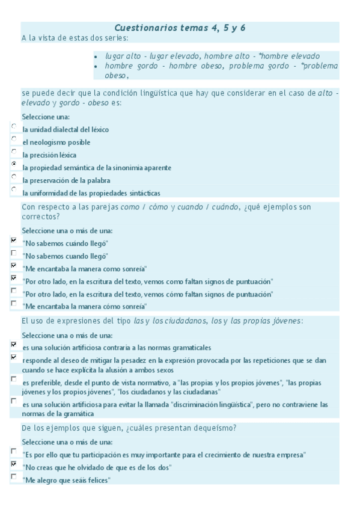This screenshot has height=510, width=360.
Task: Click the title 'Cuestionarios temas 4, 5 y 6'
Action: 180,28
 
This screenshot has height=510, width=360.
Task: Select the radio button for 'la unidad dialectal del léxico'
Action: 14,126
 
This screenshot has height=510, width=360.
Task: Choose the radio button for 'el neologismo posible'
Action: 14,138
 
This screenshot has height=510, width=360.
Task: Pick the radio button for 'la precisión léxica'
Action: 14,151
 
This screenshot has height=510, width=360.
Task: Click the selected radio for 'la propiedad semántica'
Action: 14,164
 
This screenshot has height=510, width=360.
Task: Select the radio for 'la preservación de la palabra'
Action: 14,176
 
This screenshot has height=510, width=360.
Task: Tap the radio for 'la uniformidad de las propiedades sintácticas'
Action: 14,189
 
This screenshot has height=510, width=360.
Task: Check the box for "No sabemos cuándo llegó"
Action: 14,239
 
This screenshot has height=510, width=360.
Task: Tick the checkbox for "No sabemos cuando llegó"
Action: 14,252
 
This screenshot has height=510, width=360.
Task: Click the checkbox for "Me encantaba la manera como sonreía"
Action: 14,265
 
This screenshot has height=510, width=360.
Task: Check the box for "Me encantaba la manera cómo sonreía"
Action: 14,303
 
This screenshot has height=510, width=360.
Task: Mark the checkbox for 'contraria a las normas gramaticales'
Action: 14,345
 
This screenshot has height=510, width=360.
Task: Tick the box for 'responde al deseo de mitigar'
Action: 14,357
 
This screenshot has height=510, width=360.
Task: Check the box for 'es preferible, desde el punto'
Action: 14,379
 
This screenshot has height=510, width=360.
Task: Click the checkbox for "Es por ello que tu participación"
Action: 14,450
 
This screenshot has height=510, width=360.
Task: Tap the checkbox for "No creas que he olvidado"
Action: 14,464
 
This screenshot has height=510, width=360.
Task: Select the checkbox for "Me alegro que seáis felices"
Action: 14,476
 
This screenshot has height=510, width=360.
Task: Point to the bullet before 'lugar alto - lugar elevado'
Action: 97,56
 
